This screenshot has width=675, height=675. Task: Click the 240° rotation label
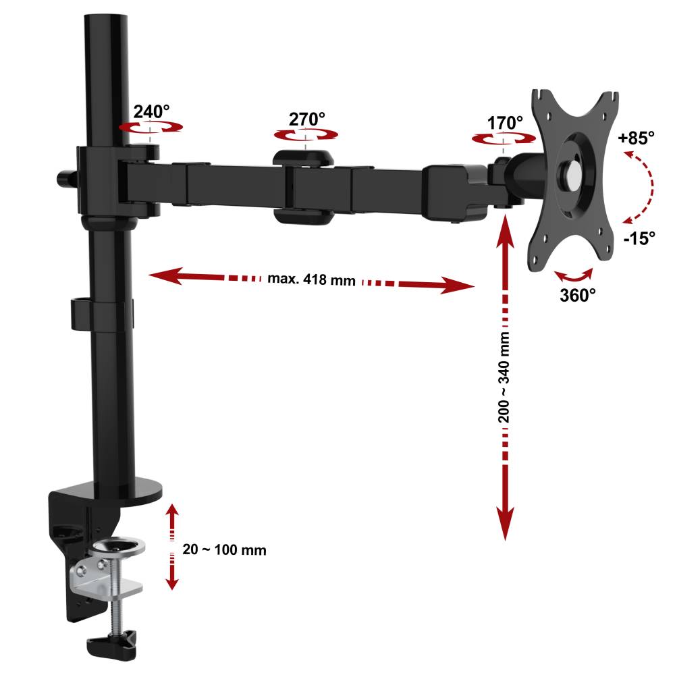point(151,111)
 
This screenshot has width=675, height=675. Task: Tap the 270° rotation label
point(306,119)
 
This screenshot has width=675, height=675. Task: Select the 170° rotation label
point(505,123)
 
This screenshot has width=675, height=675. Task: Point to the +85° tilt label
point(636,138)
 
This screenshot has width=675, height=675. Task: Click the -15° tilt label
point(639,238)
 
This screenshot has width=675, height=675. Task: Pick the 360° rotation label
point(578,295)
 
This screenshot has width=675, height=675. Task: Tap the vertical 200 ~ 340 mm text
point(504,377)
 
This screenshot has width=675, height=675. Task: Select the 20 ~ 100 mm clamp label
point(224,549)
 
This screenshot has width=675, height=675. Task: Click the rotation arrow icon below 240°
point(151,127)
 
